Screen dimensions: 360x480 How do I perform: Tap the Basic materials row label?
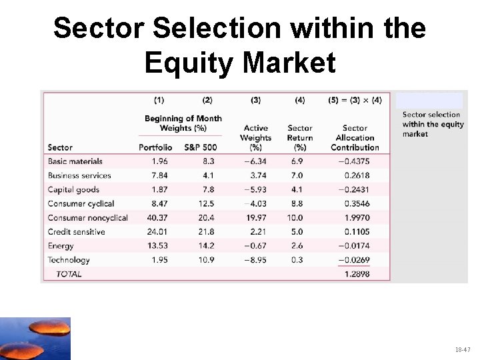click(x=75, y=161)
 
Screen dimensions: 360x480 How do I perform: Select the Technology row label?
click(x=69, y=260)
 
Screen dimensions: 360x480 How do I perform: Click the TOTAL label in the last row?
click(x=69, y=274)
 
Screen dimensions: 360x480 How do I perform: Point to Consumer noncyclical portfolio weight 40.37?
click(x=159, y=218)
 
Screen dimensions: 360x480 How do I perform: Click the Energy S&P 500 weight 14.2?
click(x=207, y=246)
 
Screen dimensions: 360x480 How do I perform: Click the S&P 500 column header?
click(x=207, y=147)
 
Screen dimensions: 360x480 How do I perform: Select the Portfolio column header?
click(x=155, y=147)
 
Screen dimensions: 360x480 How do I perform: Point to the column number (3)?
click(x=256, y=101)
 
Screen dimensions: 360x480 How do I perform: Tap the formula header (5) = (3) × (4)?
click(x=355, y=101)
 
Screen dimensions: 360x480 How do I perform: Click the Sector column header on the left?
click(x=60, y=147)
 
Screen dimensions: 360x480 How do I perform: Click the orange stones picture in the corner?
click(x=35, y=339)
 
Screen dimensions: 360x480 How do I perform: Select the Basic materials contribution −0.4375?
click(x=355, y=161)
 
